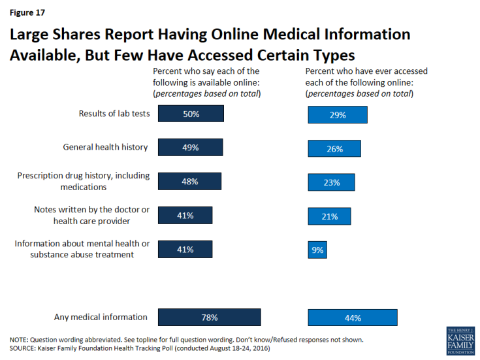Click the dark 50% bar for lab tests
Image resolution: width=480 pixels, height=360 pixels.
(x=191, y=114)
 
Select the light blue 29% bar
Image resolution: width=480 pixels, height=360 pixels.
(x=338, y=114)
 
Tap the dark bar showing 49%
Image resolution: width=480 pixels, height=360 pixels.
(x=190, y=148)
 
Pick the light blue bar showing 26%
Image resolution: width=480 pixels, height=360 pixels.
(x=334, y=148)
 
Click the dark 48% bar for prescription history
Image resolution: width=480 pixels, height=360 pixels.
(x=189, y=182)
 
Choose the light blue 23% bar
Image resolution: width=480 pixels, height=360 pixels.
(x=332, y=182)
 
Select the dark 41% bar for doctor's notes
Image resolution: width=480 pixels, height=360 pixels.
(x=185, y=215)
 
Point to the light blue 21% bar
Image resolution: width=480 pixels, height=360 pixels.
(x=330, y=216)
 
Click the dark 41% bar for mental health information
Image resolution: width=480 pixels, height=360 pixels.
(x=185, y=249)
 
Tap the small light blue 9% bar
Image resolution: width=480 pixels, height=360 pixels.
(x=317, y=250)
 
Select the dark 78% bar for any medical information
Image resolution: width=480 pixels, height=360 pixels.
(x=210, y=318)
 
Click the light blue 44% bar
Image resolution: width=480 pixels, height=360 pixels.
(x=352, y=318)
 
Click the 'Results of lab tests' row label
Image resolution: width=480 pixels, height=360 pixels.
(x=114, y=114)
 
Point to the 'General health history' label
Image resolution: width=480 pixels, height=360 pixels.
(x=105, y=147)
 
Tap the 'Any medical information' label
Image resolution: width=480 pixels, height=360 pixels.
(x=101, y=318)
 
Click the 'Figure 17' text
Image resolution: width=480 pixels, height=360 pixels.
(x=27, y=11)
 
